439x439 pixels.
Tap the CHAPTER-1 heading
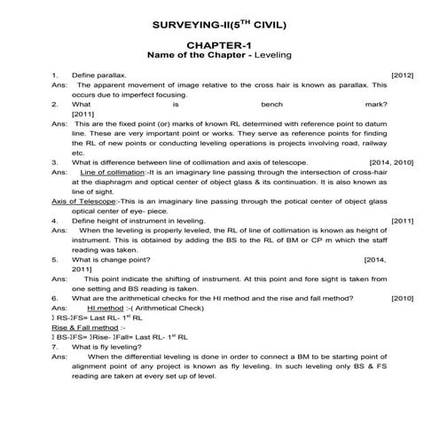[219, 44]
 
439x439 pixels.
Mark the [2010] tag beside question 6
[402, 297]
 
